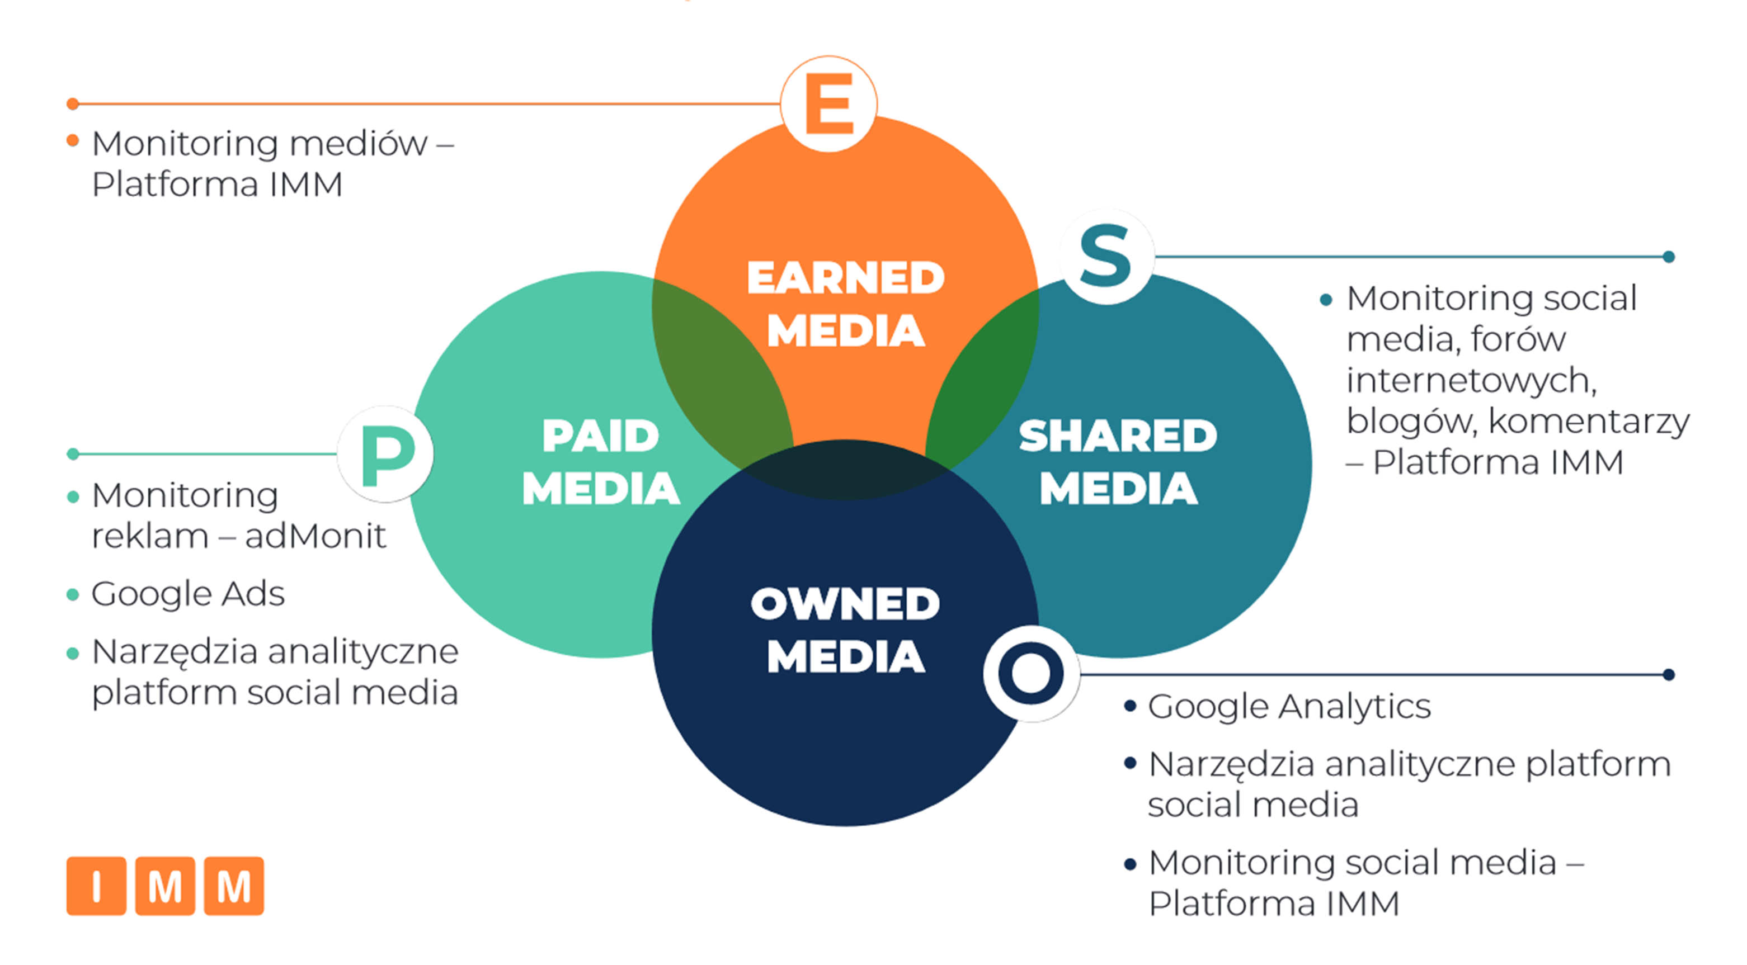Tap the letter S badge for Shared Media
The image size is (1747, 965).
[x=1106, y=256]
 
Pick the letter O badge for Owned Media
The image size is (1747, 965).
[x=1031, y=673]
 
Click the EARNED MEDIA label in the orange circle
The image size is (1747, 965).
[x=845, y=304]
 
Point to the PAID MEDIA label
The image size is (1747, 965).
[x=601, y=461]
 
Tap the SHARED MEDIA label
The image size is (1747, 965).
[x=1118, y=461]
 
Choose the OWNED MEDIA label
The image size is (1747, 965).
[x=845, y=630]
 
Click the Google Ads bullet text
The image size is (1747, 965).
[x=188, y=594]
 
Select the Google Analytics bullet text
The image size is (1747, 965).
[x=1288, y=707]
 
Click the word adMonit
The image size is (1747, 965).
[x=316, y=536]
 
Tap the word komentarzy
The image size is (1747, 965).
[x=1589, y=422]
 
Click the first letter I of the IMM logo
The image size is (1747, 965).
[x=96, y=886]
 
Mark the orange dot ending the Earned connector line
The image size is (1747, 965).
[x=73, y=103]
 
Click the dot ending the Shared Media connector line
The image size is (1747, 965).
[x=1669, y=257]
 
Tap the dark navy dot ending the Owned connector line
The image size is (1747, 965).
[x=1669, y=674]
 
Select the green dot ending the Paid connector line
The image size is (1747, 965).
[x=73, y=454]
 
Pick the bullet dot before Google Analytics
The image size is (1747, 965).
[x=1130, y=707]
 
